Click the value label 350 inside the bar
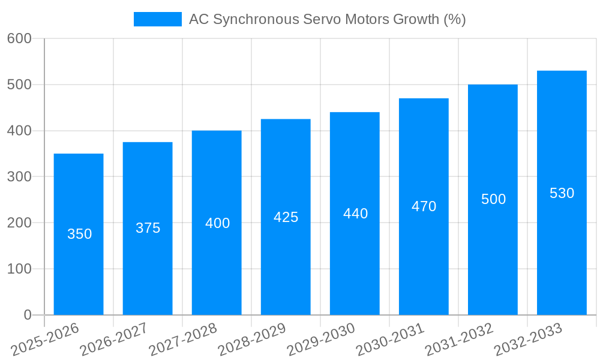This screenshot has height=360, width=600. (79, 234)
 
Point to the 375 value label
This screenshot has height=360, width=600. (148, 228)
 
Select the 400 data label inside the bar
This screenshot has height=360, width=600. (217, 223)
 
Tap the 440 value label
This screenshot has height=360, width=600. (355, 214)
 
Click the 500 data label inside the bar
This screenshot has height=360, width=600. (493, 199)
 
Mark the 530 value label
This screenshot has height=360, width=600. (562, 193)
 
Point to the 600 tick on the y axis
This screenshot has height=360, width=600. (19, 38)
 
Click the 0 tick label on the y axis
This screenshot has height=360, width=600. (27, 315)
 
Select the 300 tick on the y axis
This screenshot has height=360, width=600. (19, 176)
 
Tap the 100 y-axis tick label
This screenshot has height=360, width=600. (19, 269)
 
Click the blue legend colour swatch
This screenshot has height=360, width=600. (157, 19)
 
